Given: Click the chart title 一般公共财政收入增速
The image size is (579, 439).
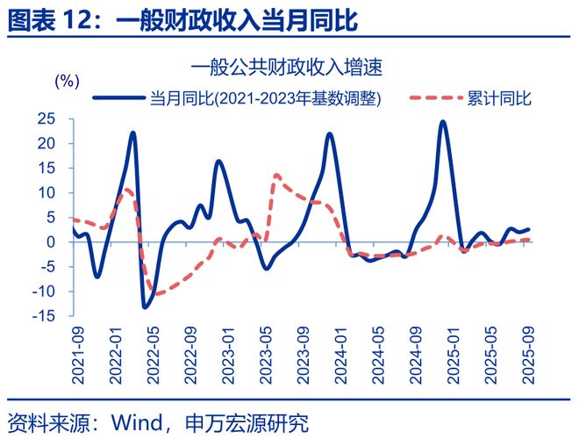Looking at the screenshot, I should click(x=289, y=66).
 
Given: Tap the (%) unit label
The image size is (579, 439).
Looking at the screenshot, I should click(x=68, y=82).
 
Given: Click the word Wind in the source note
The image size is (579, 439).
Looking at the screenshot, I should click(x=132, y=421).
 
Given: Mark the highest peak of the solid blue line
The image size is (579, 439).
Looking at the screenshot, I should click(x=443, y=122).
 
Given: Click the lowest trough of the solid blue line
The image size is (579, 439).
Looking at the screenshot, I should click(x=146, y=306).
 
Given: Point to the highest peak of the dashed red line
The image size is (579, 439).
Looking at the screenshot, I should click(x=276, y=175).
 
